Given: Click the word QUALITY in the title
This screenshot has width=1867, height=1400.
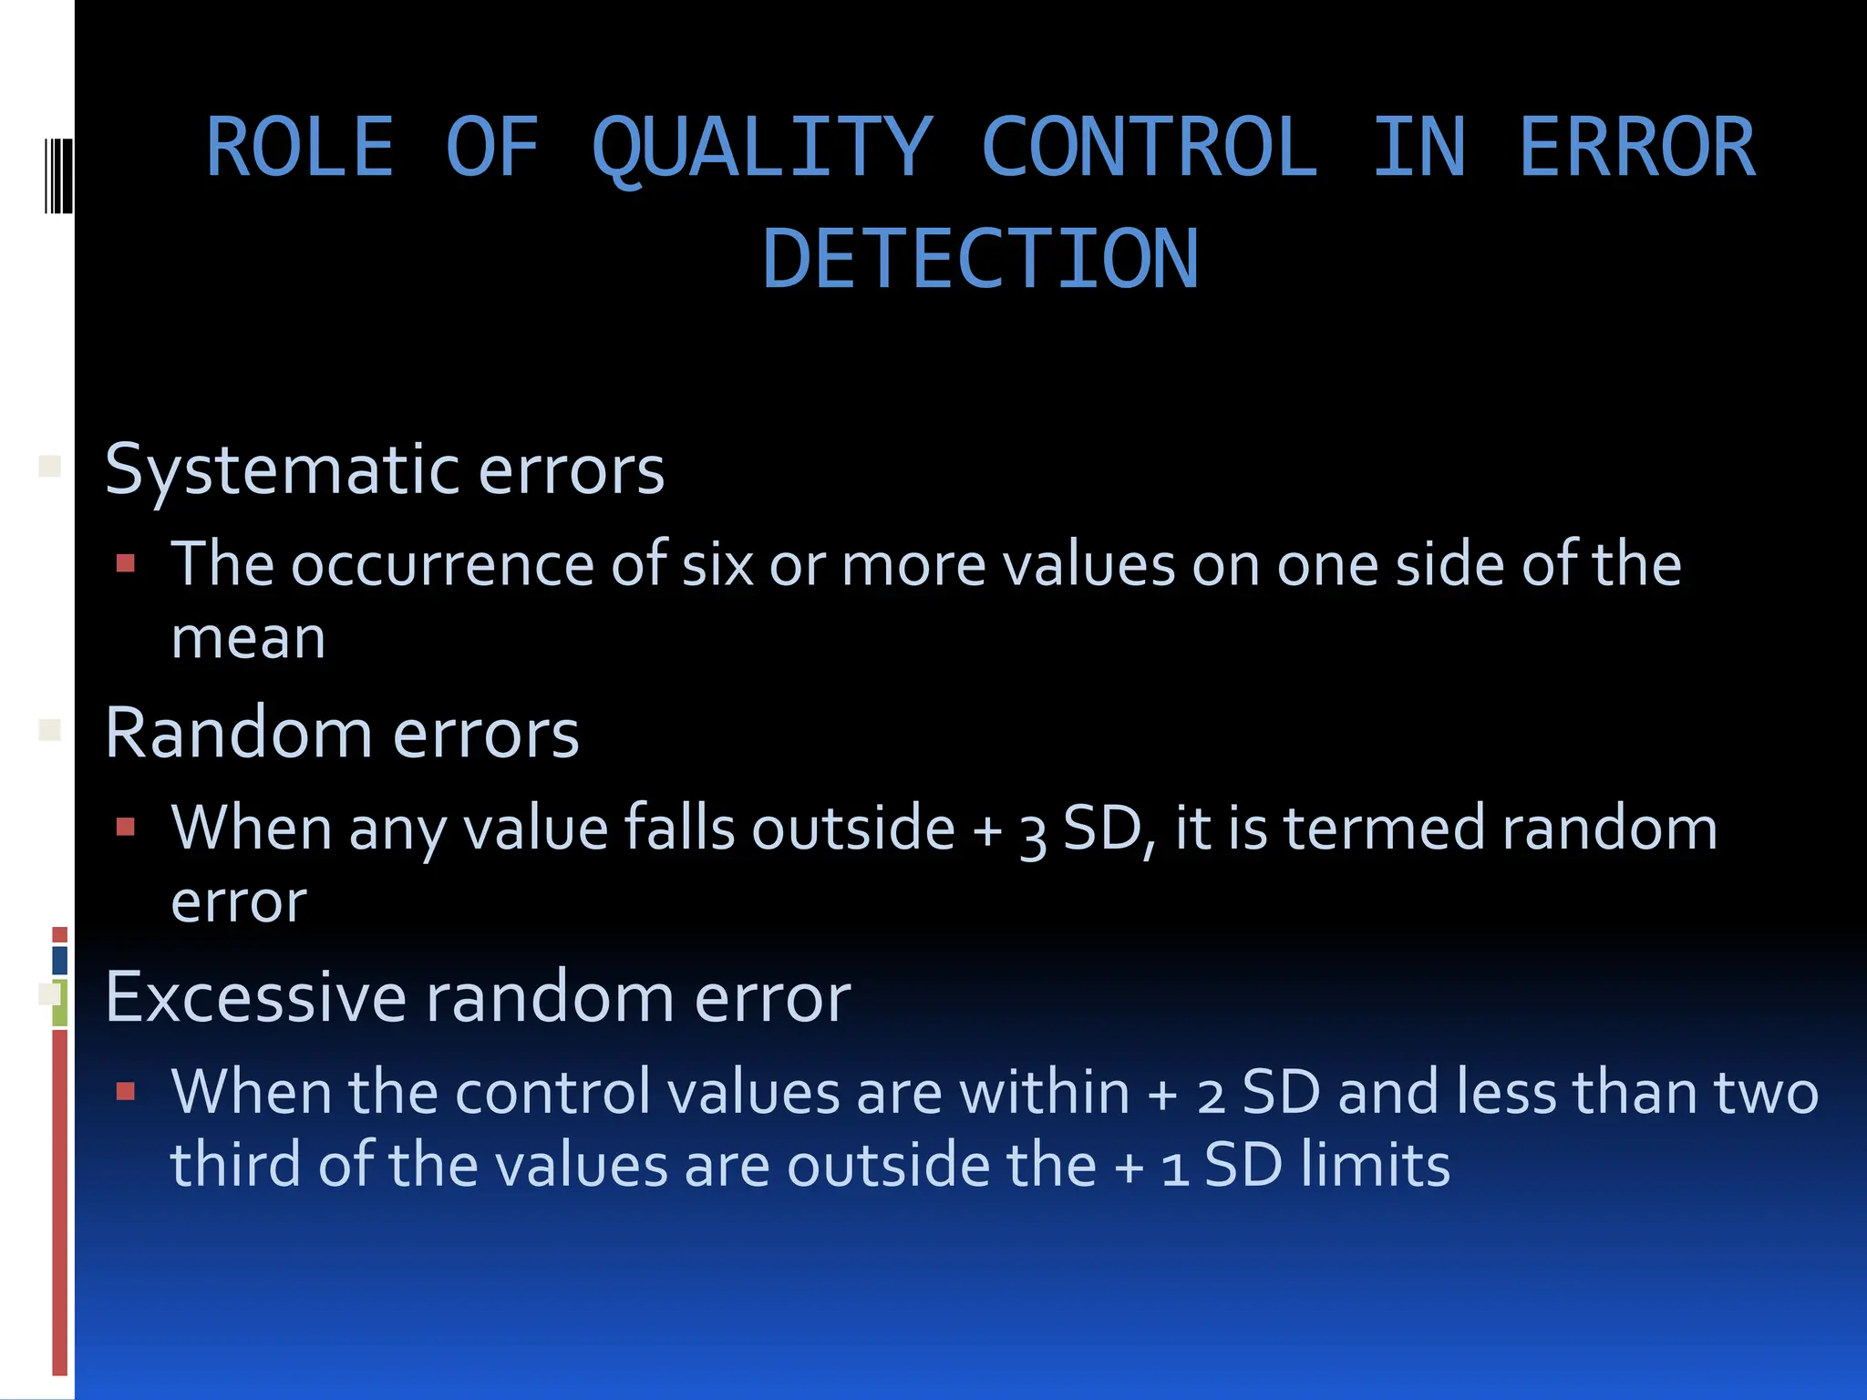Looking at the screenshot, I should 762,149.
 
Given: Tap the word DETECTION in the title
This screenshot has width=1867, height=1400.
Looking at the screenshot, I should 980,261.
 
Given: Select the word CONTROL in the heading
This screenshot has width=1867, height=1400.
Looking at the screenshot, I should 1150,149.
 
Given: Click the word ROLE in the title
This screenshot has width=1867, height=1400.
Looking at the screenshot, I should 300,149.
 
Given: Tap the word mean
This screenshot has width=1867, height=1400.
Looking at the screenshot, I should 248,638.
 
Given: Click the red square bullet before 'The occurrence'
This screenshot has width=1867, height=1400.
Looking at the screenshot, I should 126,563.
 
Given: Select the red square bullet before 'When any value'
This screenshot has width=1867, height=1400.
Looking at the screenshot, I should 126,827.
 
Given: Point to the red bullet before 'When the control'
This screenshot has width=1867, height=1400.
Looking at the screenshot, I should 126,1090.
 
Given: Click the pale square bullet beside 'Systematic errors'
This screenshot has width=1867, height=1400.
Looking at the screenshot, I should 50,467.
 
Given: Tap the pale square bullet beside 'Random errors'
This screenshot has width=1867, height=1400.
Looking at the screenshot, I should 50,729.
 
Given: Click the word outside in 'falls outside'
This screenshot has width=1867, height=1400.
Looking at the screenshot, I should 853,829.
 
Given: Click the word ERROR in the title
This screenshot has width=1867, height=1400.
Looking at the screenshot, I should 1636,149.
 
